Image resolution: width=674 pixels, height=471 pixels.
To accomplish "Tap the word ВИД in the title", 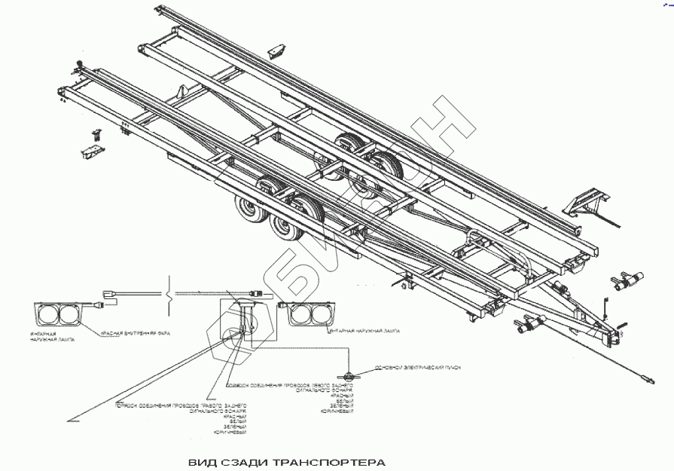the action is tap(200, 460).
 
